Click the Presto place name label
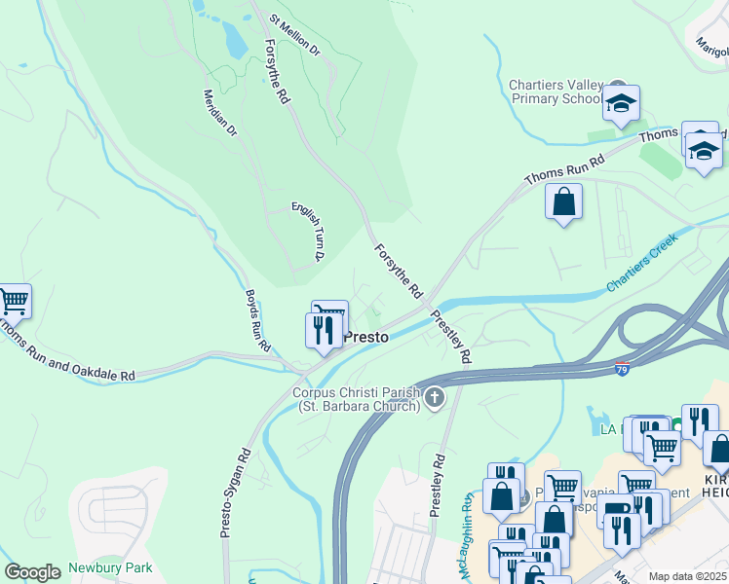[x=367, y=337]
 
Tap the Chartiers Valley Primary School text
[x=556, y=91]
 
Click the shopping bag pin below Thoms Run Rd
[x=563, y=202]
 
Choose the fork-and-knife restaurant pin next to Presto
[x=324, y=329]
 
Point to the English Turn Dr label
[x=307, y=232]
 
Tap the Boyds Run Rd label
[x=257, y=320]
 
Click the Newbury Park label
[x=105, y=568]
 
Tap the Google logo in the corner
[x=32, y=571]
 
